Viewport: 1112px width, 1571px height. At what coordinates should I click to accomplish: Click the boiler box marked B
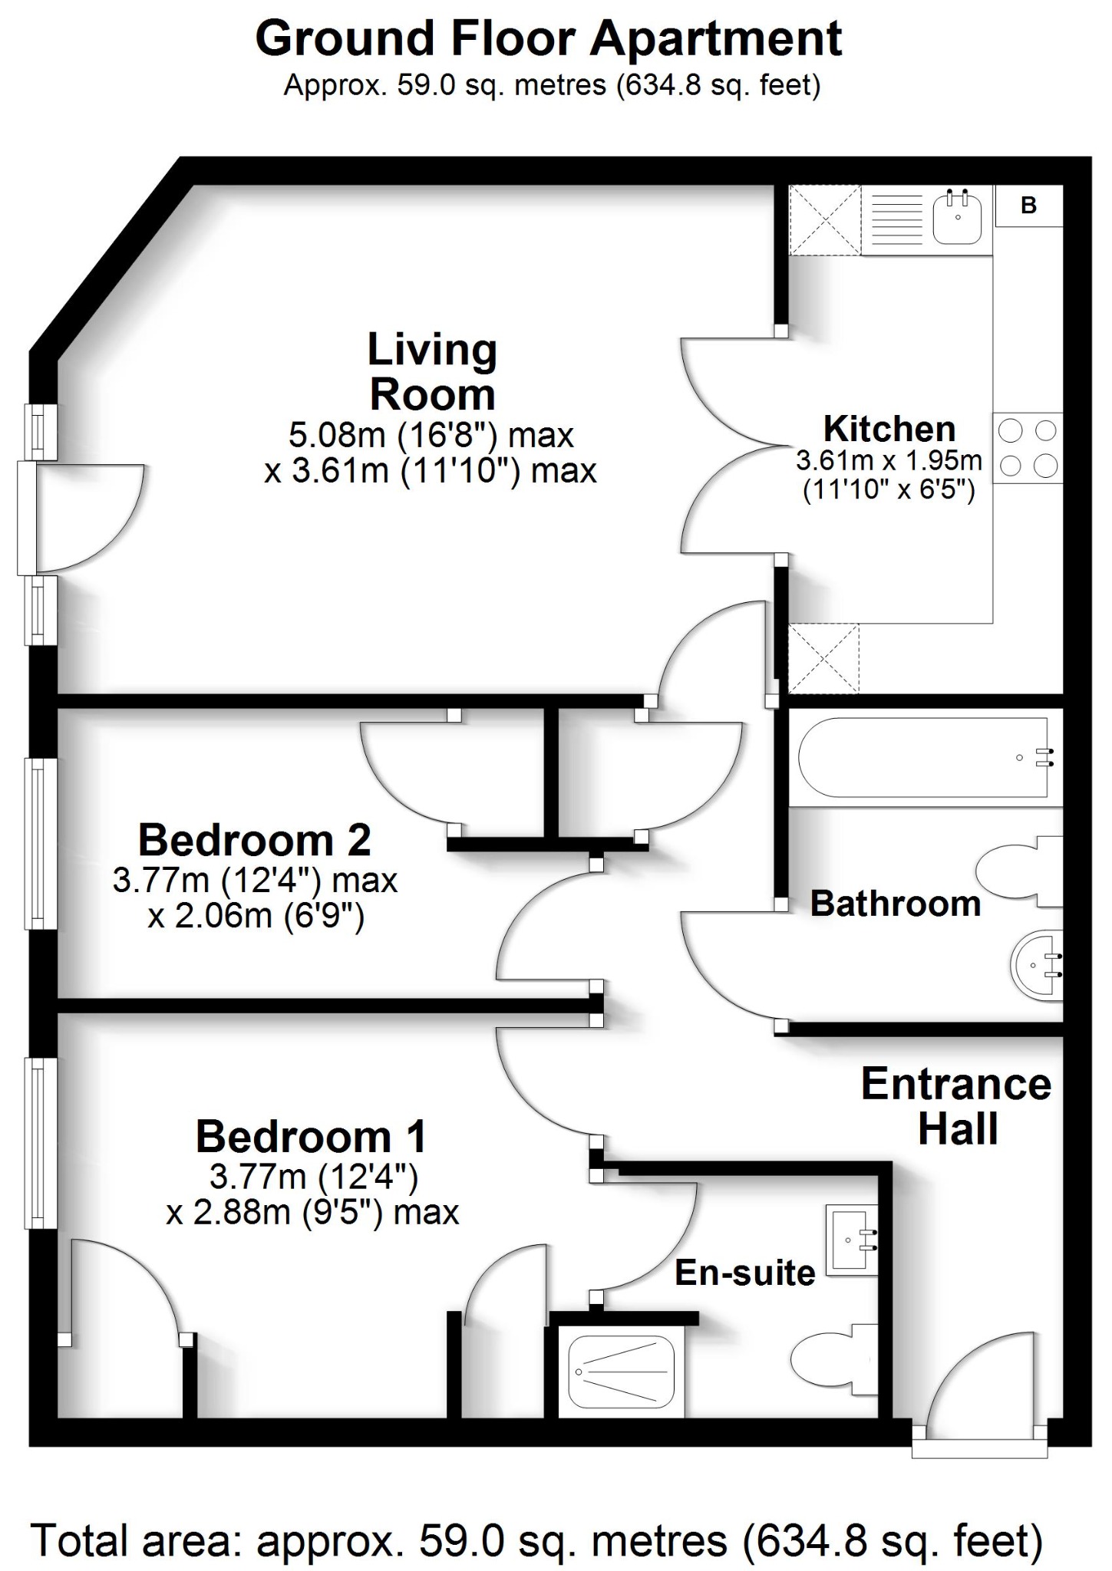1028,206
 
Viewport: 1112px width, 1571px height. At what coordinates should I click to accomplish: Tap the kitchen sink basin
957,219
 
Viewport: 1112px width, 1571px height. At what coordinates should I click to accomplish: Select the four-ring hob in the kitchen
1028,448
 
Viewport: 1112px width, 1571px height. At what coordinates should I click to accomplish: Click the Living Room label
432,372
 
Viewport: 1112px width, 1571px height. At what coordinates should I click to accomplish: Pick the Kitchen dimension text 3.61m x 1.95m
889,461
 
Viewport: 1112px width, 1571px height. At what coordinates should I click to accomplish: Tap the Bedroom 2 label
255,840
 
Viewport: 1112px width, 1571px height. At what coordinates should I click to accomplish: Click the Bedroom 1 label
311,1136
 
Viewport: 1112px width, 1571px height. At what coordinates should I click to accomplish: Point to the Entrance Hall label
956,1106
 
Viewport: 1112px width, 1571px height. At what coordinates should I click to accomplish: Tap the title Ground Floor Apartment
549,38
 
